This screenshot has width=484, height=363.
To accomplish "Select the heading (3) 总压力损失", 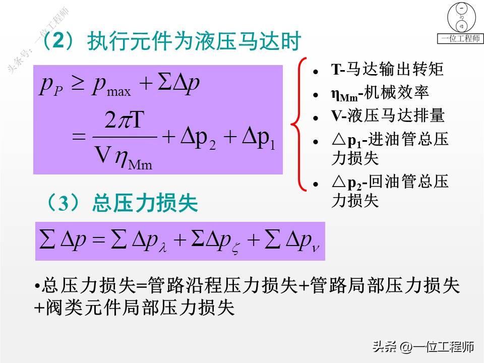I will [121, 203].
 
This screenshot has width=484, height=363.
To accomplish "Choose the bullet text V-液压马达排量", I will [388, 116].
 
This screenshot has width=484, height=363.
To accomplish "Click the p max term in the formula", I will [112, 87].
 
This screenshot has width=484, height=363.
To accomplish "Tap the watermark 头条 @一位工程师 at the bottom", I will [423, 347].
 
